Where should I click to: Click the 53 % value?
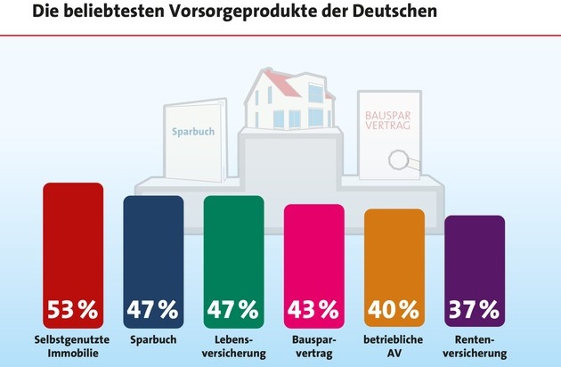[x=73, y=310]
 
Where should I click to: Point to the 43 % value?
[x=313, y=310]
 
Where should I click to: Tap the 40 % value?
[x=394, y=310]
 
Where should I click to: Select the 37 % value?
[x=474, y=310]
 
